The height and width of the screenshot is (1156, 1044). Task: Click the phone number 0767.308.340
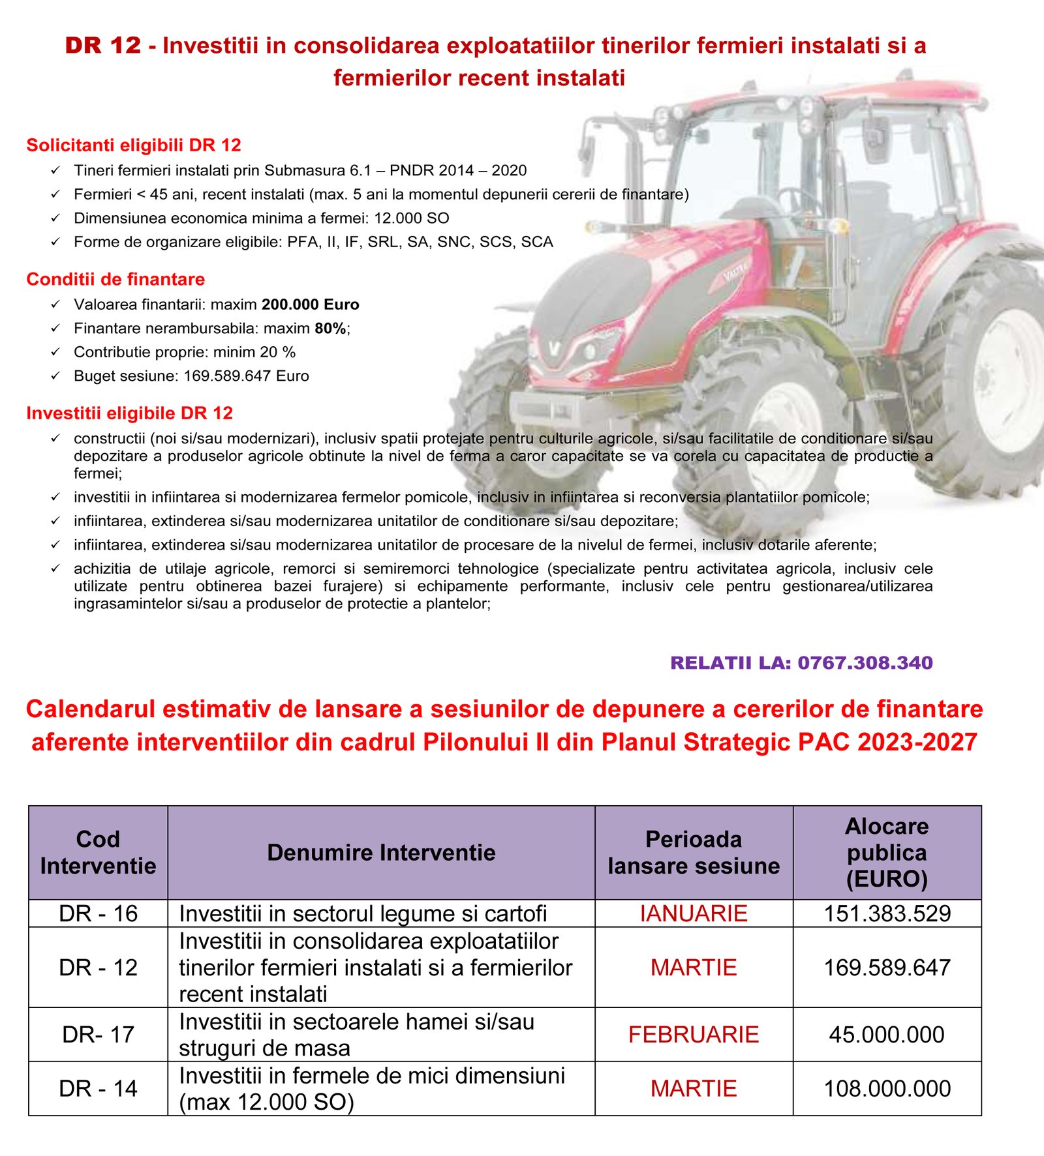pyautogui.click(x=865, y=662)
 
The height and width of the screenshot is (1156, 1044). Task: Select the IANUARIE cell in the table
pyautogui.click(x=693, y=913)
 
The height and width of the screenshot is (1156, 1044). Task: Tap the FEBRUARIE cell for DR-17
pyautogui.click(x=693, y=1034)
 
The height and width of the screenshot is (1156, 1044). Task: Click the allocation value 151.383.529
pyautogui.click(x=887, y=913)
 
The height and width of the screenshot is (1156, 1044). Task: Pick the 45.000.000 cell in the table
pyautogui.click(x=887, y=1034)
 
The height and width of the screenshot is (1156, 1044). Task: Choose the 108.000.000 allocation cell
pyautogui.click(x=887, y=1088)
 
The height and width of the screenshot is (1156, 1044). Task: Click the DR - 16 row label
pyautogui.click(x=98, y=913)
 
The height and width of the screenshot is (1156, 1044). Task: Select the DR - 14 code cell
pyautogui.click(x=98, y=1088)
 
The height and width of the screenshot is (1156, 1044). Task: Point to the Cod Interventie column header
pyautogui.click(x=98, y=852)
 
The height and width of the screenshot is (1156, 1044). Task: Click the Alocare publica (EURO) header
pyautogui.click(x=887, y=852)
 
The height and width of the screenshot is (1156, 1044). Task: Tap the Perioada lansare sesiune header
pyautogui.click(x=693, y=852)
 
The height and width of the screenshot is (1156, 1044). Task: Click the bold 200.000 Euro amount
pyautogui.click(x=310, y=304)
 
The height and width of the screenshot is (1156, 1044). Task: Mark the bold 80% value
pyautogui.click(x=330, y=329)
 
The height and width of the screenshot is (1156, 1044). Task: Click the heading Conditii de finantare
pyautogui.click(x=115, y=279)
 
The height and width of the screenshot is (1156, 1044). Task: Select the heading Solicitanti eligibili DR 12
pyautogui.click(x=134, y=145)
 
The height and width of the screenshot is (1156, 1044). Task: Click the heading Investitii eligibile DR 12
pyautogui.click(x=129, y=413)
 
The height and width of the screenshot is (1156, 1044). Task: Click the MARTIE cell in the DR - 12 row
pyautogui.click(x=693, y=967)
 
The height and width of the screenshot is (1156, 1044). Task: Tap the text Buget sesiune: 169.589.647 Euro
pyautogui.click(x=191, y=376)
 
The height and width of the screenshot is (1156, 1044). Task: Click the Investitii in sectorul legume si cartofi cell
pyautogui.click(x=363, y=913)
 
